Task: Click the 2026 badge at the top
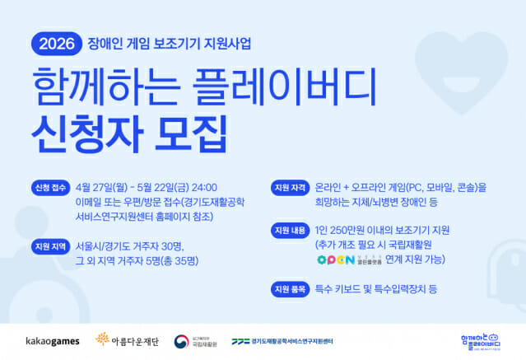point(54,40)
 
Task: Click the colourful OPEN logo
point(335,259)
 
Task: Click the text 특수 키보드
point(338,289)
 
